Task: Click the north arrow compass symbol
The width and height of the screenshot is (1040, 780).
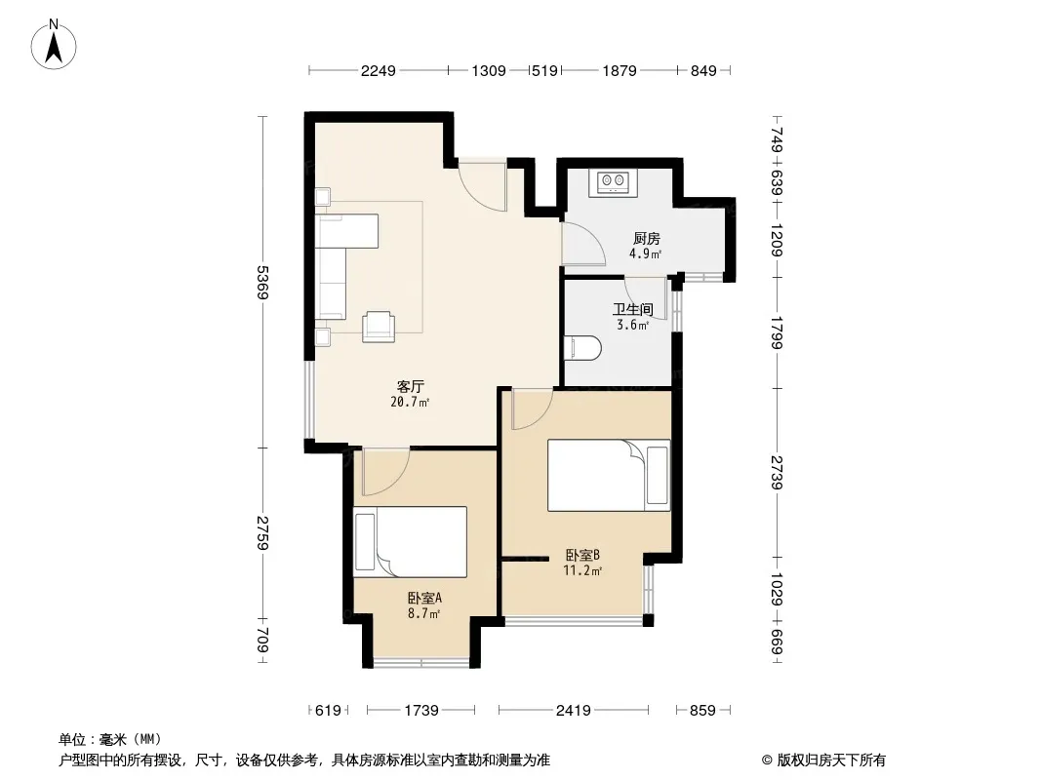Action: [54, 45]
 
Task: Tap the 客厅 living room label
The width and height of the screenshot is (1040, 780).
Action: [411, 386]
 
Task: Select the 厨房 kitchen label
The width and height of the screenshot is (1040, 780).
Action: [646, 239]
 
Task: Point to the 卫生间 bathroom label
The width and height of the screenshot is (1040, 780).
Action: [633, 309]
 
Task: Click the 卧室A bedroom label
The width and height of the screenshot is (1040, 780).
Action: [424, 598]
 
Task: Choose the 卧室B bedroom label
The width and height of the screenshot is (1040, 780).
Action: [583, 555]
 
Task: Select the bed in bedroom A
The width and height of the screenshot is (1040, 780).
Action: [410, 541]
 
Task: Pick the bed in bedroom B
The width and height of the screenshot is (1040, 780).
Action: [609, 475]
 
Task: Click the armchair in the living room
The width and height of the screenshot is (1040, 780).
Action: [379, 326]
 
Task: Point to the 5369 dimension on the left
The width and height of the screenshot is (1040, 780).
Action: [263, 283]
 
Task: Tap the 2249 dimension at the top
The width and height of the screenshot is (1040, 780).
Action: [379, 70]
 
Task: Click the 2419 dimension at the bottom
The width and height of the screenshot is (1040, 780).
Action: [573, 711]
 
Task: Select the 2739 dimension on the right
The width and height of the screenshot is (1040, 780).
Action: [777, 473]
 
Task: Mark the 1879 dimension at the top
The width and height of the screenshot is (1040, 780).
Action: [620, 70]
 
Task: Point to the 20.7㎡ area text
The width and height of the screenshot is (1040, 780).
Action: [410, 402]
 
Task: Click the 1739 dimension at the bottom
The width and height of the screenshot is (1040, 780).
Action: [421, 711]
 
